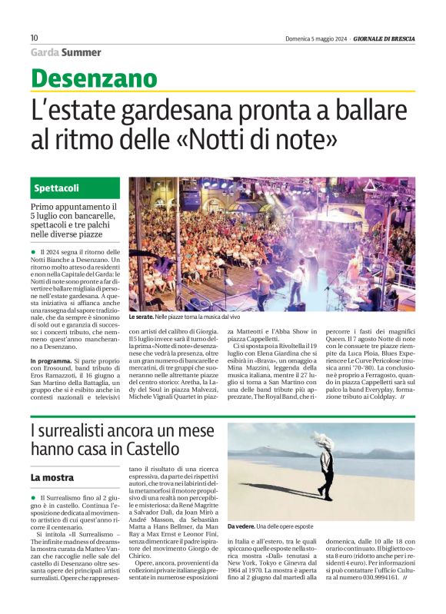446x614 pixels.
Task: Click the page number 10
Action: tap(34, 38)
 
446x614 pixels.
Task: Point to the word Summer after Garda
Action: tap(82, 52)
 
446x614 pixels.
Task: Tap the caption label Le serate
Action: tap(141, 317)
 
